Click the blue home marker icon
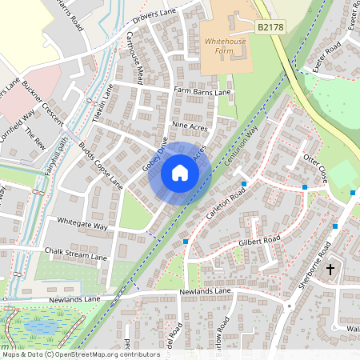pos(180,173)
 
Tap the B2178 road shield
pos(270,27)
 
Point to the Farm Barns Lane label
pos(202,93)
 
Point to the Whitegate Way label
pos(82,224)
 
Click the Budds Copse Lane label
pos(100,166)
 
